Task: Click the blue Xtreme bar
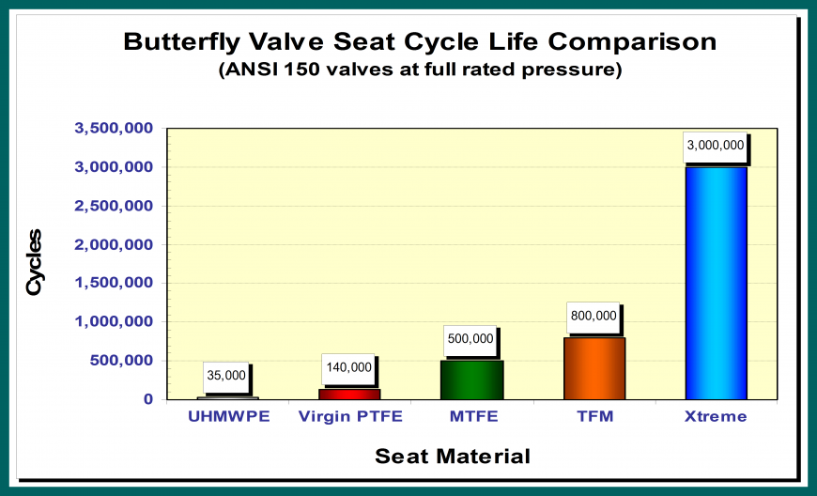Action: [716, 283]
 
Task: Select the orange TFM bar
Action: [593, 368]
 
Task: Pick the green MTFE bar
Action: [471, 380]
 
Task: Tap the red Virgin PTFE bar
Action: [349, 394]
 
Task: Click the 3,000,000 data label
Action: [715, 146]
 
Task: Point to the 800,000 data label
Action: [593, 317]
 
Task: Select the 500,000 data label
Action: [470, 339]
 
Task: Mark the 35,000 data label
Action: [225, 376]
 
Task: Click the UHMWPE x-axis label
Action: [226, 417]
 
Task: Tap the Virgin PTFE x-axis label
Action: [349, 417]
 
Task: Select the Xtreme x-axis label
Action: [716, 417]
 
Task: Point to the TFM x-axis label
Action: [593, 417]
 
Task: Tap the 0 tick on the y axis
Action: [147, 399]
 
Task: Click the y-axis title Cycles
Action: [35, 262]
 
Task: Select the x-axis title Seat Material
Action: [453, 457]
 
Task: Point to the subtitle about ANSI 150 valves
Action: [420, 70]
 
